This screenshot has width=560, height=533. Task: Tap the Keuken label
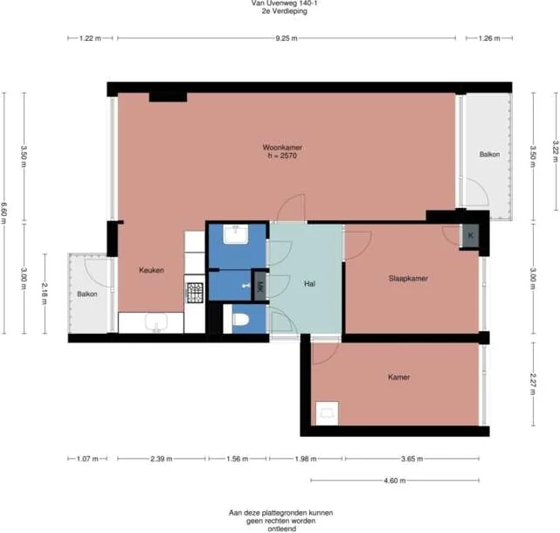click(x=151, y=271)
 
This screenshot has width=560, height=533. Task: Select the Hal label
click(x=309, y=285)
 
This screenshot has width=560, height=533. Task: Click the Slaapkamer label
click(x=412, y=279)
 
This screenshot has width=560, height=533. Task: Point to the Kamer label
click(x=398, y=377)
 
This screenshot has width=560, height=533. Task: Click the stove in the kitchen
click(x=195, y=292)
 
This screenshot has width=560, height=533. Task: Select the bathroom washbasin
click(x=237, y=234)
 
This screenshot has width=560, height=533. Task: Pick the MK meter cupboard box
click(x=259, y=285)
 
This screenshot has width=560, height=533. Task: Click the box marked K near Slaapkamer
click(x=471, y=236)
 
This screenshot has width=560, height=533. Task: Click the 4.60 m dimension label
click(x=395, y=480)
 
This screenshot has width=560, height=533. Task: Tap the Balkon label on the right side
click(x=489, y=155)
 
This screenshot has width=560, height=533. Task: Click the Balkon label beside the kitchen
click(x=87, y=294)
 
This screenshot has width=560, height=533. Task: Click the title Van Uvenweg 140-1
click(x=280, y=4)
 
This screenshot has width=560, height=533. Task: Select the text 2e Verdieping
click(x=280, y=13)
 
